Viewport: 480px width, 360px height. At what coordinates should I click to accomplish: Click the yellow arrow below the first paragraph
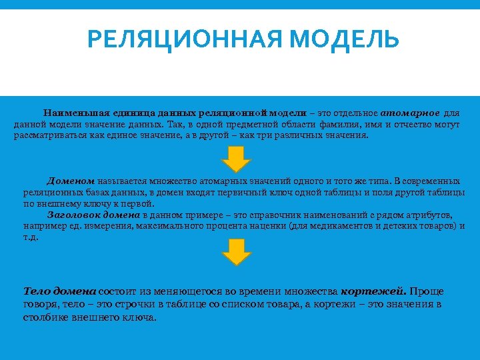coord(236,159)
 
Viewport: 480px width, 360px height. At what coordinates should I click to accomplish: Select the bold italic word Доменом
coord(71,181)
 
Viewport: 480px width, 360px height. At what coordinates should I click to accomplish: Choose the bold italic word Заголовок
coord(71,215)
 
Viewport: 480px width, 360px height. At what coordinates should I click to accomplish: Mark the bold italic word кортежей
coord(373,291)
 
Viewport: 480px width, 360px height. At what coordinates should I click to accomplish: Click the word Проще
coord(427,291)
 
